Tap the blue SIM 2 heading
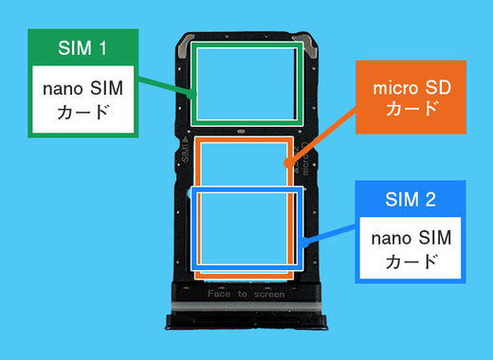point(411,200)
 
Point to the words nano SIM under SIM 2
point(411,237)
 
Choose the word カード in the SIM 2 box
point(411,261)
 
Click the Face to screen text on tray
point(246,295)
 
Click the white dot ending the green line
point(196,95)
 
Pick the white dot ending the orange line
point(286,163)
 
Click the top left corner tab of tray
point(186,45)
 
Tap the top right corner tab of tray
point(307,45)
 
